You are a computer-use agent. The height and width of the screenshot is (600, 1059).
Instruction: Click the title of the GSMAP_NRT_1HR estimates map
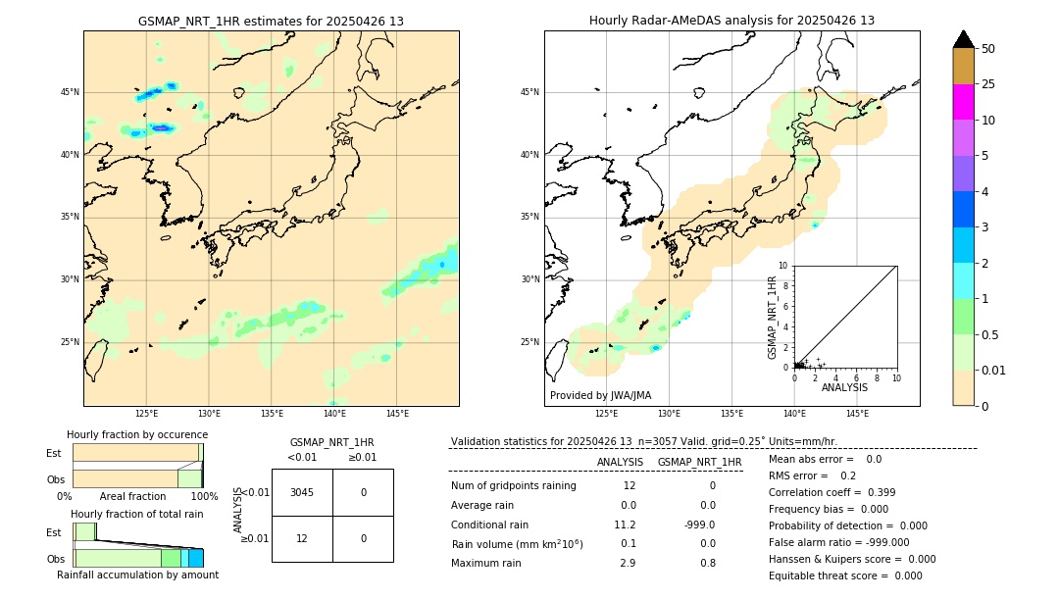tap(271, 21)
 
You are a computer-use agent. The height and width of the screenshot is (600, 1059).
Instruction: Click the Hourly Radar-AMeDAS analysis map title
tap(731, 21)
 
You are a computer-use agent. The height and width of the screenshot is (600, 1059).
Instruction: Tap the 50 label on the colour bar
tap(988, 49)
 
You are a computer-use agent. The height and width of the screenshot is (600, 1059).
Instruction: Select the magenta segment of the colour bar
tap(963, 102)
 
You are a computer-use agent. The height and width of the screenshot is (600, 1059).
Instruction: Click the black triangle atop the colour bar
tap(964, 39)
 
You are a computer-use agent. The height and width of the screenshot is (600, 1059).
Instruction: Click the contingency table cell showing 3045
tap(302, 492)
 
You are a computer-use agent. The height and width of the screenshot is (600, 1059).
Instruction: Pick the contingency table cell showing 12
tap(302, 538)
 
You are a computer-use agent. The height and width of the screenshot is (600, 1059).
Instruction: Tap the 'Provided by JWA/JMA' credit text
tap(600, 396)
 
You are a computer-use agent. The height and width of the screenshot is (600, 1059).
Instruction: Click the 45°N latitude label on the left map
tap(70, 93)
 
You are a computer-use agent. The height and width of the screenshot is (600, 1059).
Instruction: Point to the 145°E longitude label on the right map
tap(857, 414)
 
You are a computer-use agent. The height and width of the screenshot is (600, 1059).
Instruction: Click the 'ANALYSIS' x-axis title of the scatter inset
tap(844, 387)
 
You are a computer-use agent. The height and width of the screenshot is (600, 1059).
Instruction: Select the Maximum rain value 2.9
tap(627, 563)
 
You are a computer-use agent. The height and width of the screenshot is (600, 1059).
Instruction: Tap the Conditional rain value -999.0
tap(699, 525)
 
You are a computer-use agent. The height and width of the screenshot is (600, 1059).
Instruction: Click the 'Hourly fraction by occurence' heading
tap(137, 434)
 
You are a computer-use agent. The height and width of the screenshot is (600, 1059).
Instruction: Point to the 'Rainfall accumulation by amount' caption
tap(137, 575)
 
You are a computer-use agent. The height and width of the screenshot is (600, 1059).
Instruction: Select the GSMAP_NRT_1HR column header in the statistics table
tap(699, 462)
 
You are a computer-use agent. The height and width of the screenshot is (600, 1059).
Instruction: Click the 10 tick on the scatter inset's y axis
tap(783, 265)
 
